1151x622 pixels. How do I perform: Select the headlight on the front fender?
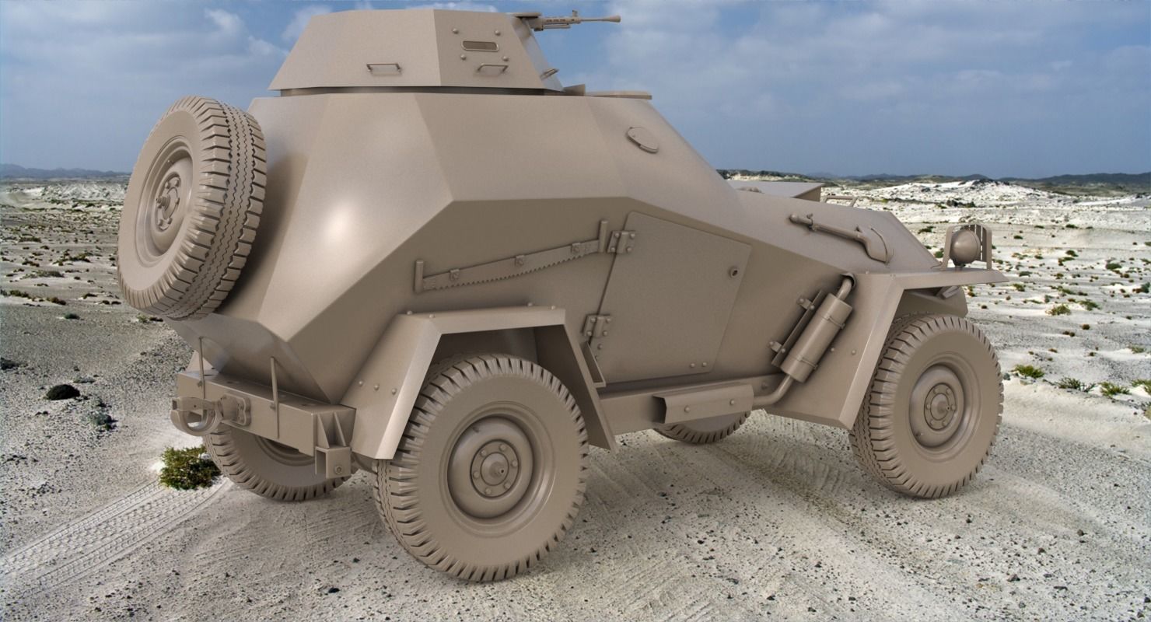click(x=966, y=246)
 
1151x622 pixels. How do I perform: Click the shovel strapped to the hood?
click(x=844, y=234)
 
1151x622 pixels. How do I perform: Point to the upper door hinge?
click(x=621, y=242)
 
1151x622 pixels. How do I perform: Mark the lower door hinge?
click(x=597, y=325)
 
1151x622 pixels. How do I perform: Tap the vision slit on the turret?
click(x=480, y=46)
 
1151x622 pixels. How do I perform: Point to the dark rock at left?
click(x=62, y=392)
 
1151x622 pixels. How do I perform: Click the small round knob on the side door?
click(x=734, y=272)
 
